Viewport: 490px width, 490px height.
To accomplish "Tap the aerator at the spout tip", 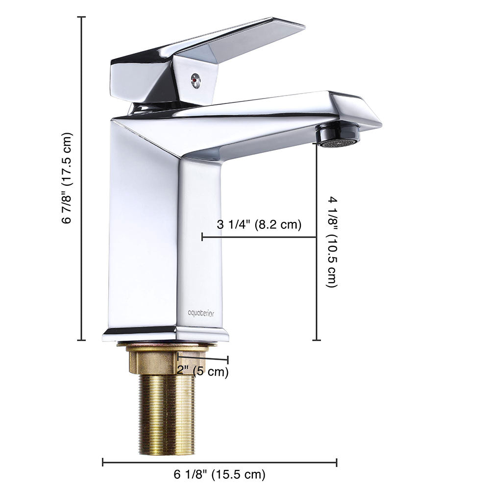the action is pos(337,135).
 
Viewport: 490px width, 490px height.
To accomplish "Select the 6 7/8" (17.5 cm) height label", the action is pos(67,178).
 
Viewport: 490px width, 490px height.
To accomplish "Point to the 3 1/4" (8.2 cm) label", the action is pos(259,224).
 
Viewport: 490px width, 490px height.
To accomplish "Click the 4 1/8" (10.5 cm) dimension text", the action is pos(332,242).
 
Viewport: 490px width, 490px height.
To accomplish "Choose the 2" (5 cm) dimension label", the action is pos(202,371).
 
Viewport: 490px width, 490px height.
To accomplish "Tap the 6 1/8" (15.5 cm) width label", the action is pos(220,475).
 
